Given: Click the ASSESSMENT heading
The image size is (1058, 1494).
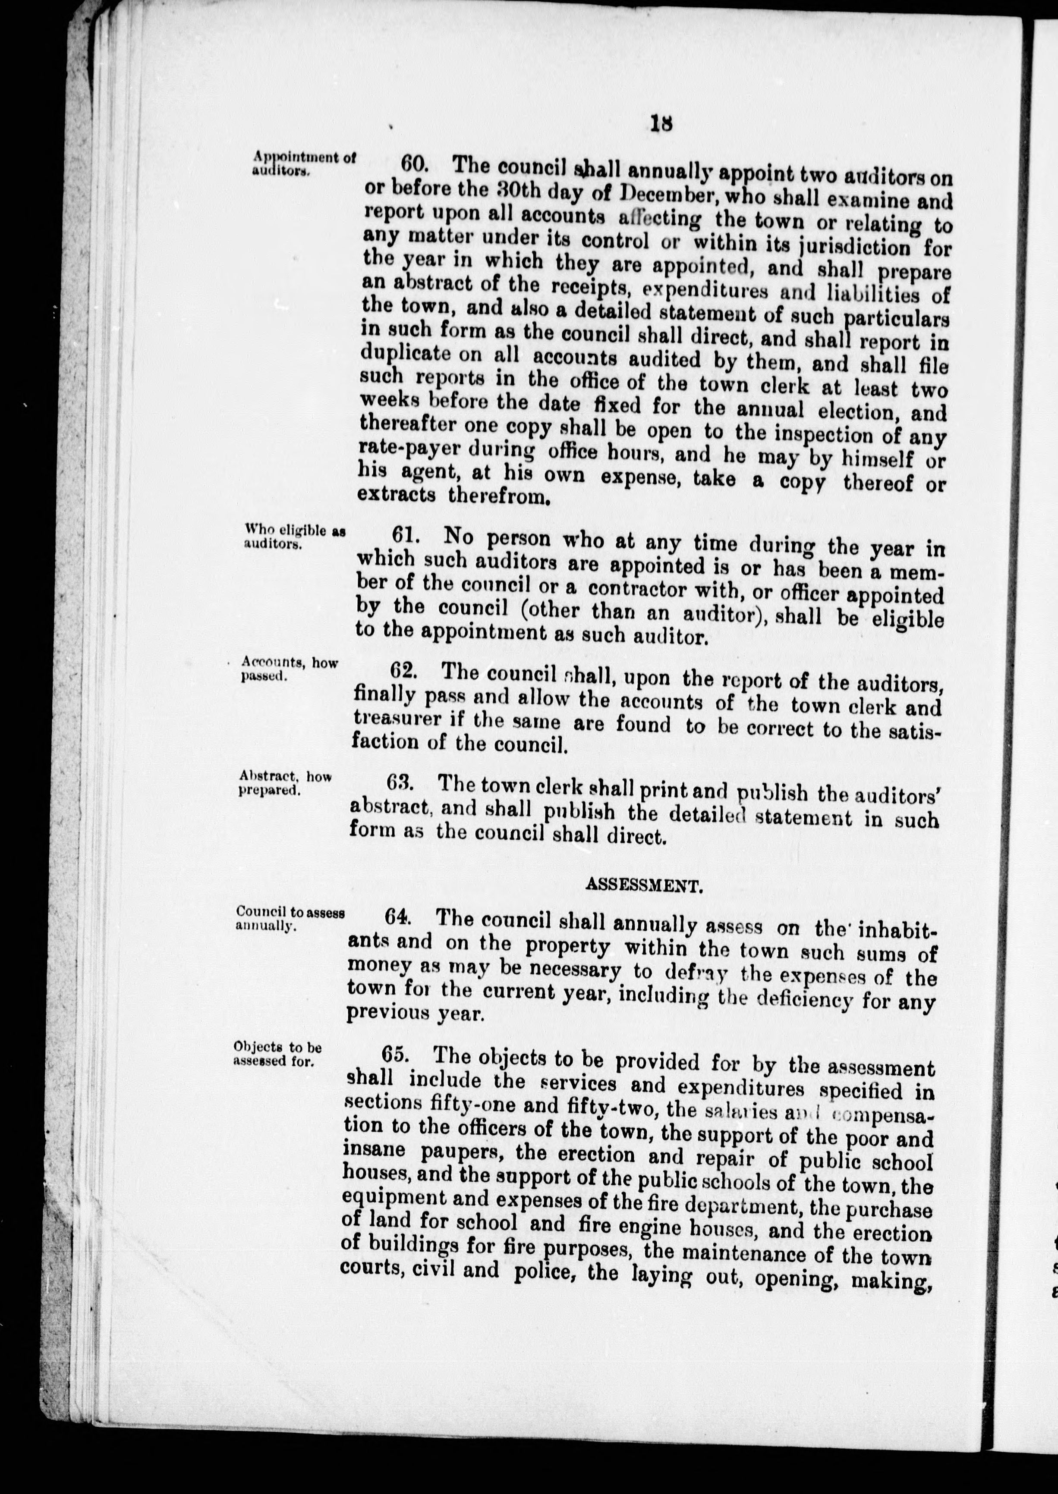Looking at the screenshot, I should coord(644,884).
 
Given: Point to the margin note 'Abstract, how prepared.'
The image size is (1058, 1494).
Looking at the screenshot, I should coord(285,784).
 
